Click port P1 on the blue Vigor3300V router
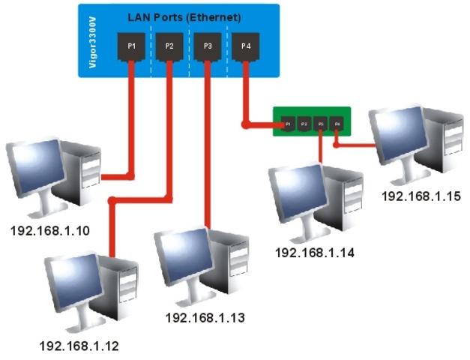coord(131,46)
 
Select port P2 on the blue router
coord(169,46)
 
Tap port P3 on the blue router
coord(208,46)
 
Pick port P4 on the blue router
coord(246,46)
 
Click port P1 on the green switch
coord(288,122)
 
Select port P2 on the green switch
coord(304,122)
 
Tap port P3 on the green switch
coord(321,122)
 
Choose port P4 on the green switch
coord(337,122)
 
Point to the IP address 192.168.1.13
coord(205,318)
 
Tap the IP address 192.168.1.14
coord(314,252)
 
